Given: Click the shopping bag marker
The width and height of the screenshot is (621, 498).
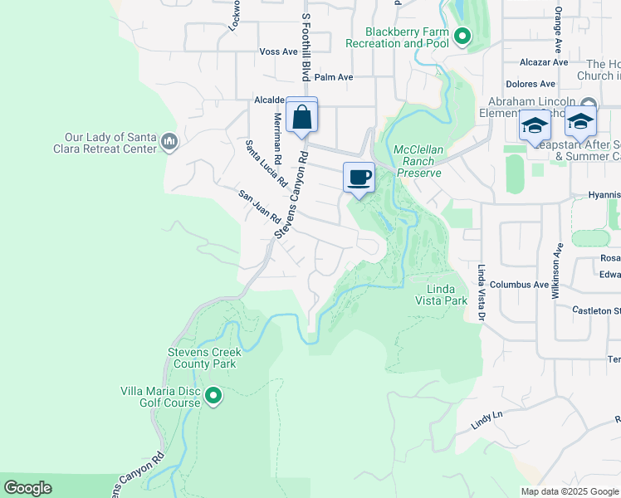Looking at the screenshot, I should point(301,116).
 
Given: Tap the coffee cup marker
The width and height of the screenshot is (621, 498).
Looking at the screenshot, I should point(359,178).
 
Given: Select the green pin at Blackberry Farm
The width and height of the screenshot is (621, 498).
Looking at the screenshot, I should point(462,37).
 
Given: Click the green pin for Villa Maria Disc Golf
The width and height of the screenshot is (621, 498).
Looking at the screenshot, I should point(213,396).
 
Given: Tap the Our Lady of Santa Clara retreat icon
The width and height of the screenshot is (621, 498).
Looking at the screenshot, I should point(170,142).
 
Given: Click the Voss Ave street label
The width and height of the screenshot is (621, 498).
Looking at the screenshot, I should point(278,51).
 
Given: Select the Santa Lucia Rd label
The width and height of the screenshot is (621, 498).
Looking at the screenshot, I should point(266,163).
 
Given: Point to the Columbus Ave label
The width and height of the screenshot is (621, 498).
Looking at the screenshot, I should point(519,284).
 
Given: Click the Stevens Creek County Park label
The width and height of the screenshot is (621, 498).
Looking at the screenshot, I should point(204,358).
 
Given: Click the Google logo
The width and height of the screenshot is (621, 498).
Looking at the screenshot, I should point(27,488).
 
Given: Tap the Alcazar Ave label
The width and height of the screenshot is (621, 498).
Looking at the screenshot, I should point(544,61).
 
